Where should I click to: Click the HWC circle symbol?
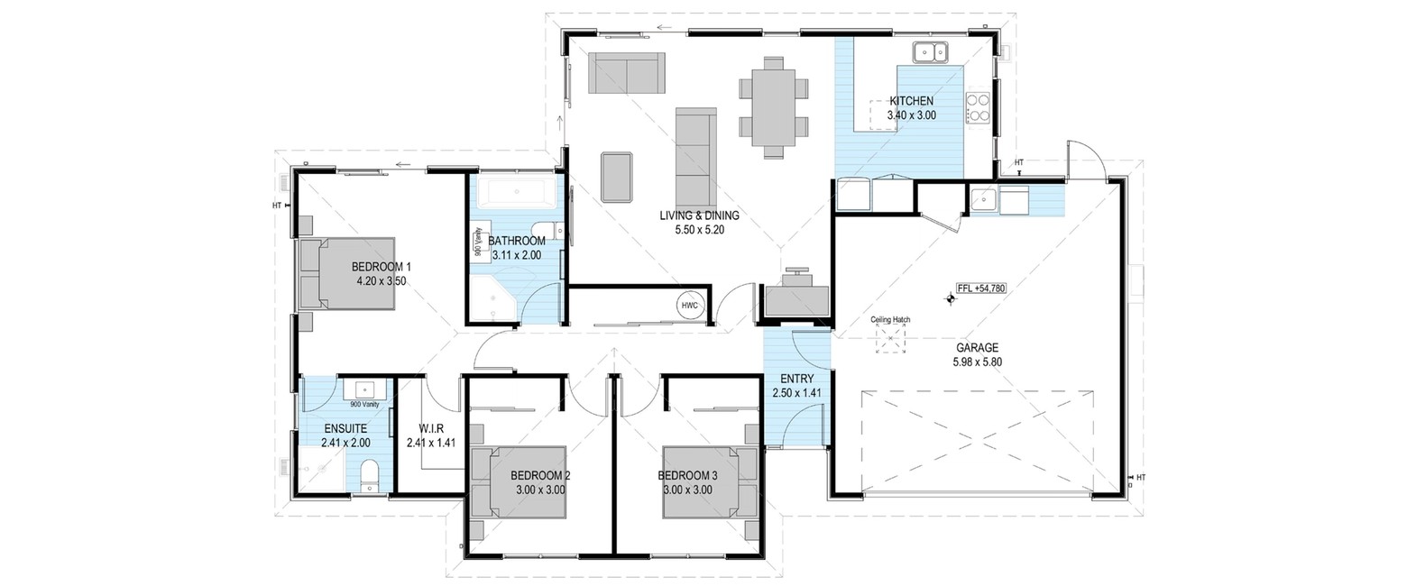tap(690, 306)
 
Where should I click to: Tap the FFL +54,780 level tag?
tap(981, 288)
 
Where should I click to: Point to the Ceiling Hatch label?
tap(890, 320)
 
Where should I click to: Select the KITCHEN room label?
tap(912, 100)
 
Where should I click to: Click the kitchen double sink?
tap(930, 53)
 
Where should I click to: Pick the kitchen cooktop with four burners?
tap(978, 106)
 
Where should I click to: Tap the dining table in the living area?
tap(774, 106)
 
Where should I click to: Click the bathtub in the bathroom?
tap(516, 192)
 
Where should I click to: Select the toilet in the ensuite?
tap(370, 475)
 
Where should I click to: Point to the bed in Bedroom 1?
tap(347, 273)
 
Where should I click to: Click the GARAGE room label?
tap(978, 347)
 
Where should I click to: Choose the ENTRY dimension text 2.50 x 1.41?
tap(797, 393)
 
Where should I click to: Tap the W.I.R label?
tap(431, 428)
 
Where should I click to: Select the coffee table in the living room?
tap(617, 177)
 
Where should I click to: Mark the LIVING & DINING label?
tap(699, 215)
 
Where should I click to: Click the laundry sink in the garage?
tap(983, 200)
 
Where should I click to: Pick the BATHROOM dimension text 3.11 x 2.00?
tap(516, 256)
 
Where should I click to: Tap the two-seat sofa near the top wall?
tap(626, 73)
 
